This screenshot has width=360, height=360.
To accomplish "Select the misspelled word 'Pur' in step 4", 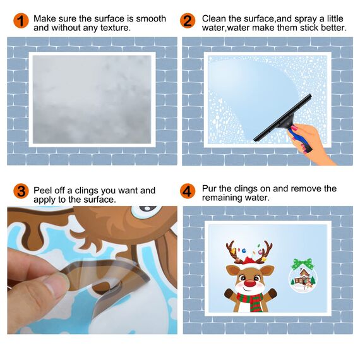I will click(210, 188).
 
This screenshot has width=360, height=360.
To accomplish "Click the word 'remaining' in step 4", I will click(222, 198).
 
